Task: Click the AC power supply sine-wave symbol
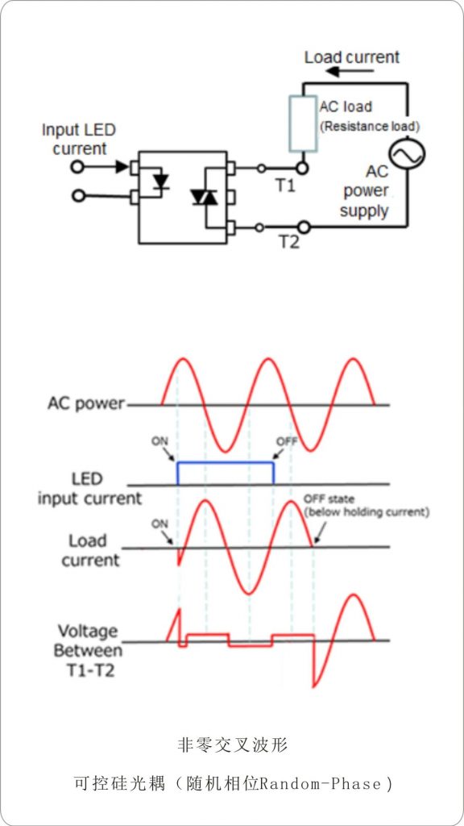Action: click(407, 153)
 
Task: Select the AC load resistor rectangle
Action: click(303, 123)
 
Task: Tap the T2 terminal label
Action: click(288, 243)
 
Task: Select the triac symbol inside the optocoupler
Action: click(205, 197)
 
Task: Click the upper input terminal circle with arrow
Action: click(78, 167)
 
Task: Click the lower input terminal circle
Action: click(78, 196)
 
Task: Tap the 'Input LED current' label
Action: click(79, 139)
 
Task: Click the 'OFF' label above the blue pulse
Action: click(287, 441)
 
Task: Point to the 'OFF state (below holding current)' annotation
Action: click(367, 505)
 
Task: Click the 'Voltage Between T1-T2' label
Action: click(89, 650)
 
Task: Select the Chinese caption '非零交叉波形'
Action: click(232, 745)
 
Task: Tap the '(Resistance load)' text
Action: click(369, 127)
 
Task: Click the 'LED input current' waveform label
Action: click(90, 488)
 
